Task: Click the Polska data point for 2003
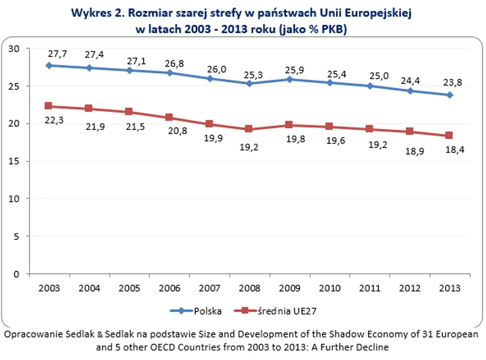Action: coord(49,65)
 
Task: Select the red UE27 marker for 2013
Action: coord(449,135)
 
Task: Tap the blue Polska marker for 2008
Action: coord(249,83)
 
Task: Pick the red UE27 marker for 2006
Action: coord(168,117)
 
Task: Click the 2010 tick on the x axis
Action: coord(328,288)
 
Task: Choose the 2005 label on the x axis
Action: coord(129,288)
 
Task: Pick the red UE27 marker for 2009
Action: coord(289,125)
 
